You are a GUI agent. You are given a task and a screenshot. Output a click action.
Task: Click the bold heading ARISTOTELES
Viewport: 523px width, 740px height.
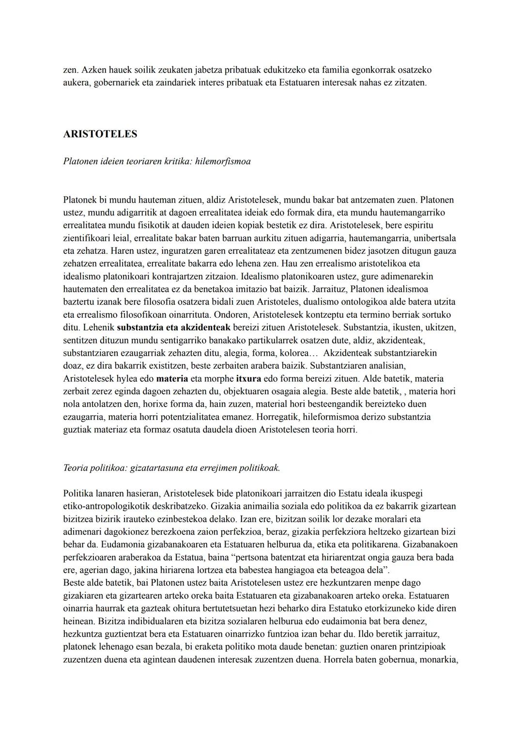pyautogui.click(x=100, y=134)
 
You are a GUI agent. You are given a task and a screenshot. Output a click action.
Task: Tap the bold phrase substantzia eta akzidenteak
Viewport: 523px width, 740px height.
pyautogui.click(x=174, y=328)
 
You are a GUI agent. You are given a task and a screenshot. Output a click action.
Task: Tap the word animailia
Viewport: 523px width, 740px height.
pyautogui.click(x=264, y=506)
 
